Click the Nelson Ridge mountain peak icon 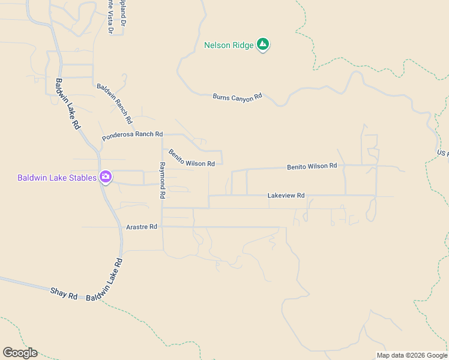click(x=262, y=44)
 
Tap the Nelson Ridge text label click(x=229, y=45)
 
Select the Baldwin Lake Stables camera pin click(x=106, y=177)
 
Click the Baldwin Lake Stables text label click(x=56, y=178)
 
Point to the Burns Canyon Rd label click(x=238, y=96)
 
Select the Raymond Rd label click(x=161, y=180)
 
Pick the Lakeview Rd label click(x=286, y=196)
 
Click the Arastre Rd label click(x=142, y=227)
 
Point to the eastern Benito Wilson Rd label click(x=312, y=166)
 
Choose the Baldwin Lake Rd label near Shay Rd click(x=104, y=280)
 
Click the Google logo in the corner click(x=20, y=353)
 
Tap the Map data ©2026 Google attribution click(x=412, y=355)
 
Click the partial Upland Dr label click(x=122, y=12)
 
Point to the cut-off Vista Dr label click(x=110, y=16)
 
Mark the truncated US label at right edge click(x=443, y=153)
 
